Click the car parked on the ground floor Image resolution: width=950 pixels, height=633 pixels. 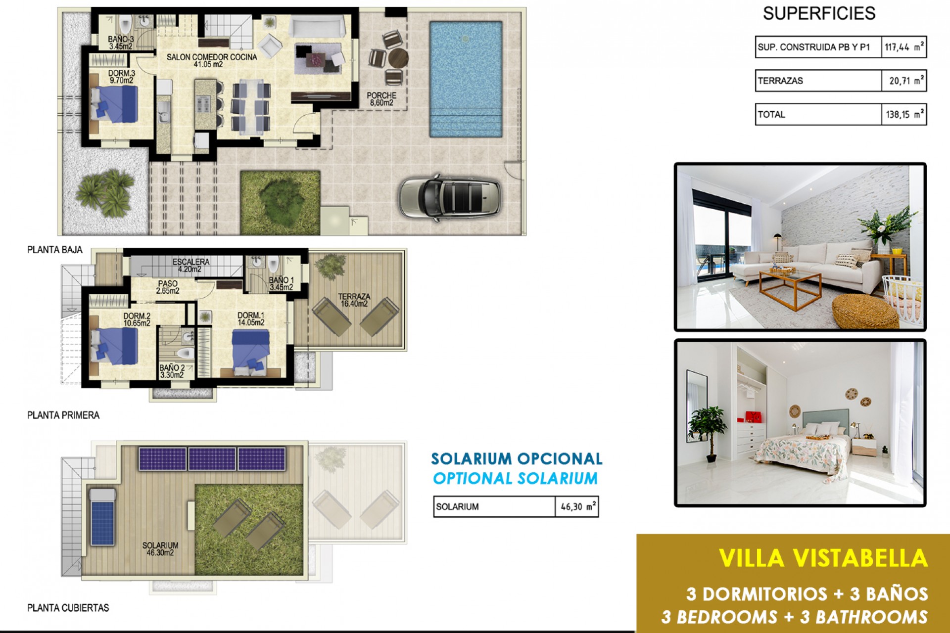click(x=449, y=197)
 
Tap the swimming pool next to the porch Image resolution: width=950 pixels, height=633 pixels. click(x=466, y=79)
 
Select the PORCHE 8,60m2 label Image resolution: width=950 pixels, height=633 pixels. click(x=381, y=99)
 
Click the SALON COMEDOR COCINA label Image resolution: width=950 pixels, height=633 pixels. click(x=212, y=60)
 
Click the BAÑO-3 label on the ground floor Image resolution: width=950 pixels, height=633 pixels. click(x=121, y=43)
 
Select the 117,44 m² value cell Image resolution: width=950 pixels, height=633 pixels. click(x=903, y=47)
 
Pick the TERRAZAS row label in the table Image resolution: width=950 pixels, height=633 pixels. click(x=781, y=81)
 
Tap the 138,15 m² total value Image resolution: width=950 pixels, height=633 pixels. click(x=903, y=115)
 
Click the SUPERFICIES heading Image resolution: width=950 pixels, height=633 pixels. click(x=819, y=14)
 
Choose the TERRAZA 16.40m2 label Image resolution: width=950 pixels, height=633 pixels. click(x=354, y=300)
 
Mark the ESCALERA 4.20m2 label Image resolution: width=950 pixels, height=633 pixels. click(x=190, y=265)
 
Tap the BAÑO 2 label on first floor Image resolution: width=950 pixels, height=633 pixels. click(x=172, y=371)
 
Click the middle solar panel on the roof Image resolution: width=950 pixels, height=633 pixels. click(x=212, y=459)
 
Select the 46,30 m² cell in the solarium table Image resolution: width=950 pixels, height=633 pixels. click(x=577, y=507)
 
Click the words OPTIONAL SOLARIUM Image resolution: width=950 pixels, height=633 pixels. click(x=515, y=479)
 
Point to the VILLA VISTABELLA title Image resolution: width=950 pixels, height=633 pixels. click(x=823, y=558)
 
